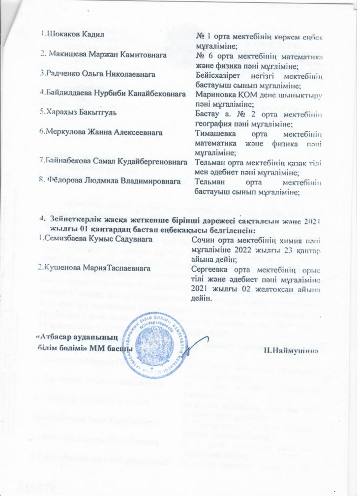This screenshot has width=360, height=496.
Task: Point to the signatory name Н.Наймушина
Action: click(294, 350)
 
